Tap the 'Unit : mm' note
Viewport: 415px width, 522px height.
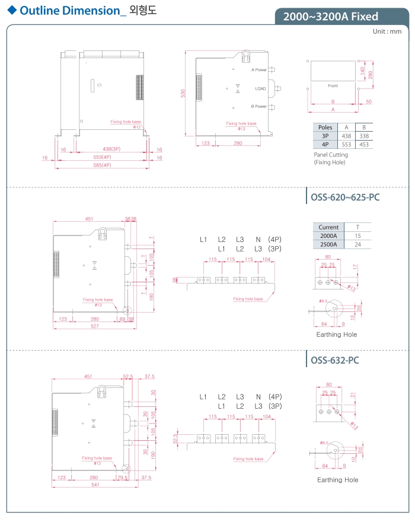point(387,31)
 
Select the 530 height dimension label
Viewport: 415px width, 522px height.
point(183,93)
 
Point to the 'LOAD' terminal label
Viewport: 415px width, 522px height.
point(260,88)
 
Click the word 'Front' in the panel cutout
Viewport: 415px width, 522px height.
point(333,86)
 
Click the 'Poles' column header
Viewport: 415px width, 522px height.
point(325,128)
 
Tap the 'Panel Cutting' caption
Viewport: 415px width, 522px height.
point(331,155)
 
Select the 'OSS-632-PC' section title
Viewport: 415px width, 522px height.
point(334,360)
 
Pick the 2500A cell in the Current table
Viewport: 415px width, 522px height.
point(328,244)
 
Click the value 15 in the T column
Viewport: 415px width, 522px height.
point(357,235)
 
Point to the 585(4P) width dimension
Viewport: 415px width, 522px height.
point(103,165)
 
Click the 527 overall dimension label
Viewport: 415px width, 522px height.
point(94,327)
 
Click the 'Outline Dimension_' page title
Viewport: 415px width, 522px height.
point(73,10)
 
